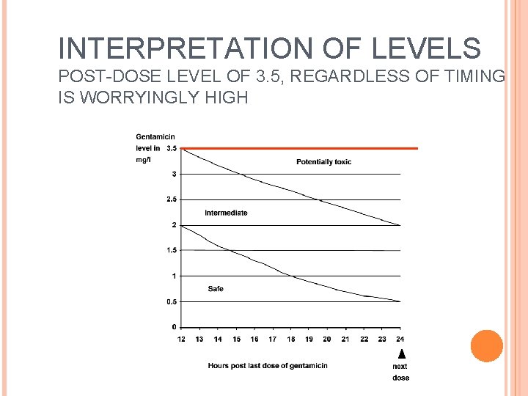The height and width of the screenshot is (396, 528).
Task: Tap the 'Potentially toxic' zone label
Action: click(323, 161)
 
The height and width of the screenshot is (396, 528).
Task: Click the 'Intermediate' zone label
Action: click(226, 213)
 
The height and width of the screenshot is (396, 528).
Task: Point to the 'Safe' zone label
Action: click(215, 289)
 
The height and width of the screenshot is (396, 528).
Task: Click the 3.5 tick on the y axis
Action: click(171, 148)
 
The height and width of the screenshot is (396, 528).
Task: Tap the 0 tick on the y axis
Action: click(174, 327)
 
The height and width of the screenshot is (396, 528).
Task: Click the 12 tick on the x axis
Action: click(181, 339)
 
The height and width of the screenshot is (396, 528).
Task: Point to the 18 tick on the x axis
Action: click(290, 339)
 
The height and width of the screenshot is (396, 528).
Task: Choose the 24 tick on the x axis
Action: click(400, 339)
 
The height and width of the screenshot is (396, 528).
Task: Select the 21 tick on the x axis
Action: click(345, 339)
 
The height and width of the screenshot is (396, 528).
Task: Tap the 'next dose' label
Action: click(400, 372)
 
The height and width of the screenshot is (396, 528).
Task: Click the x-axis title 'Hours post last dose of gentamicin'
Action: click(267, 365)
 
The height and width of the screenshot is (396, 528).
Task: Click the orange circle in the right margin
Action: click(486, 346)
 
